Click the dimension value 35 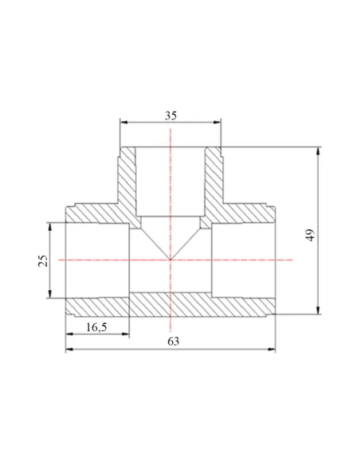pos(170,115)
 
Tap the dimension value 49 pos(310,235)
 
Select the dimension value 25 pos(43,260)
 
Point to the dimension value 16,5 pos(96,327)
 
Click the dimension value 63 pos(174,342)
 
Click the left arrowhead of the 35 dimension pos(123,122)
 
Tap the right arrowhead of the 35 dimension pos(217,122)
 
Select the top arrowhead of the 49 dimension pos(319,150)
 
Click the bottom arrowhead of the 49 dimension pos(319,311)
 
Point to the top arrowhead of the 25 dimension pos(50,226)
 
